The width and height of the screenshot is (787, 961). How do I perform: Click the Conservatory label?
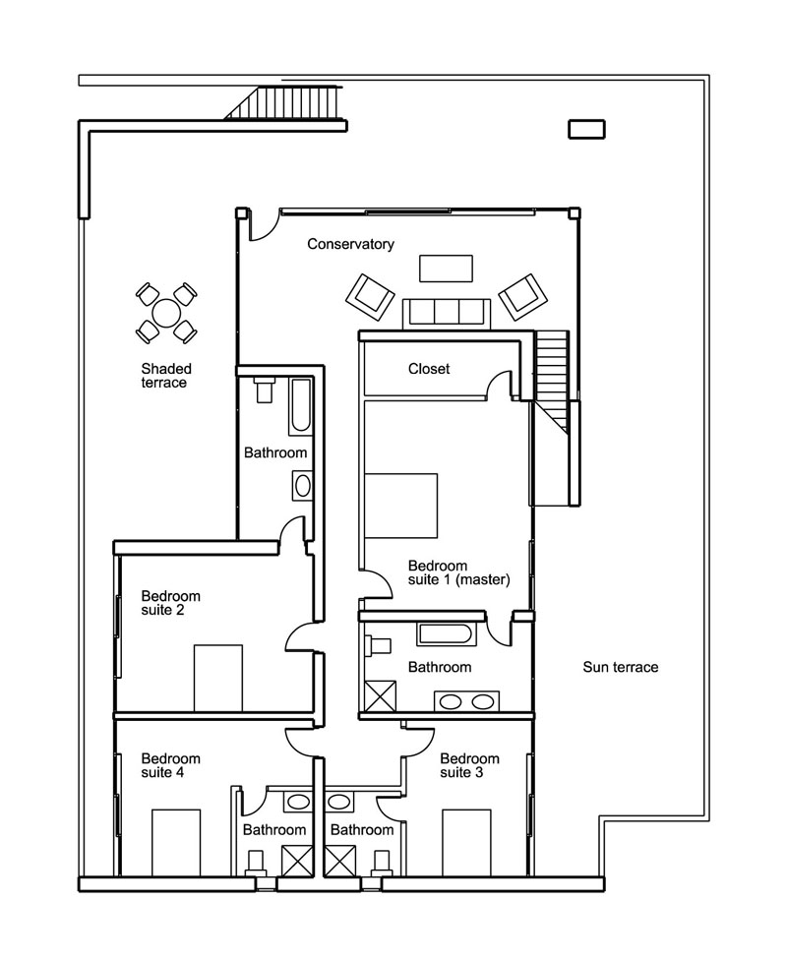[350, 244]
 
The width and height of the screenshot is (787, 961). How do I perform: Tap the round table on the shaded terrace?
[166, 313]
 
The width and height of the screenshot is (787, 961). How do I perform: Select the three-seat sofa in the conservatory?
[447, 314]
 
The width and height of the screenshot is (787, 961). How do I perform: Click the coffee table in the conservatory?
[446, 269]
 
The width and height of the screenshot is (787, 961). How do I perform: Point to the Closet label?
[429, 368]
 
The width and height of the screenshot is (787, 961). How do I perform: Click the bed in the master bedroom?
[400, 506]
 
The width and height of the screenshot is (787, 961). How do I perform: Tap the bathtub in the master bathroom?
[447, 634]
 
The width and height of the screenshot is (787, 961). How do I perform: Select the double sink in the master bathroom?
[466, 701]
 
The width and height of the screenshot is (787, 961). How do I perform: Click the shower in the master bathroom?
[380, 696]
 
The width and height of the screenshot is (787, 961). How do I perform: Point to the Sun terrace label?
[621, 667]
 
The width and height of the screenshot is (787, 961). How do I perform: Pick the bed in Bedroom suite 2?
[218, 678]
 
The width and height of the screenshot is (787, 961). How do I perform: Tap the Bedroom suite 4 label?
[170, 765]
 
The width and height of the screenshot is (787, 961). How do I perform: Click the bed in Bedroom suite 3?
[466, 842]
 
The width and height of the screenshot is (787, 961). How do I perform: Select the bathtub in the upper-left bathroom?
[301, 405]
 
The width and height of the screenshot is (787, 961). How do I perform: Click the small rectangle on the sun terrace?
[586, 129]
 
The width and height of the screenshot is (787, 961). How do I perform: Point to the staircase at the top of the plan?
[283, 103]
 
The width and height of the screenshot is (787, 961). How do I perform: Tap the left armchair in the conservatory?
[370, 297]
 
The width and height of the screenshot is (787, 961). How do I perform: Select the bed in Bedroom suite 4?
[176, 842]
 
